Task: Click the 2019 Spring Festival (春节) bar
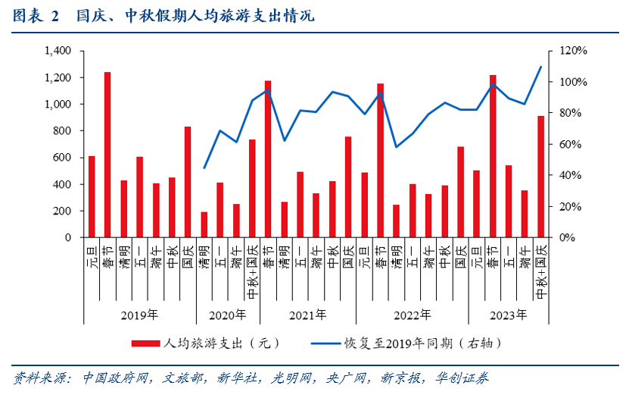pyautogui.click(x=107, y=155)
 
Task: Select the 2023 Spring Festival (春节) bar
pyautogui.click(x=493, y=156)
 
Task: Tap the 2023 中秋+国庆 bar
pyautogui.click(x=540, y=177)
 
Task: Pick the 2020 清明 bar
pyautogui.click(x=204, y=224)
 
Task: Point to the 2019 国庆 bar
pyautogui.click(x=188, y=182)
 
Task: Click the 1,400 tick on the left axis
pyautogui.click(x=58, y=51)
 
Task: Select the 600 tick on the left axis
pyautogui.click(x=61, y=158)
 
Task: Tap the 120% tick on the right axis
pyautogui.click(x=572, y=51)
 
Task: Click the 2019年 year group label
pyautogui.click(x=139, y=315)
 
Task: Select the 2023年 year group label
pyautogui.click(x=509, y=315)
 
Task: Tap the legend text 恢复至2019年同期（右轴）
pyautogui.click(x=424, y=343)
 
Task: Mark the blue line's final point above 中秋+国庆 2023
pyautogui.click(x=540, y=67)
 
